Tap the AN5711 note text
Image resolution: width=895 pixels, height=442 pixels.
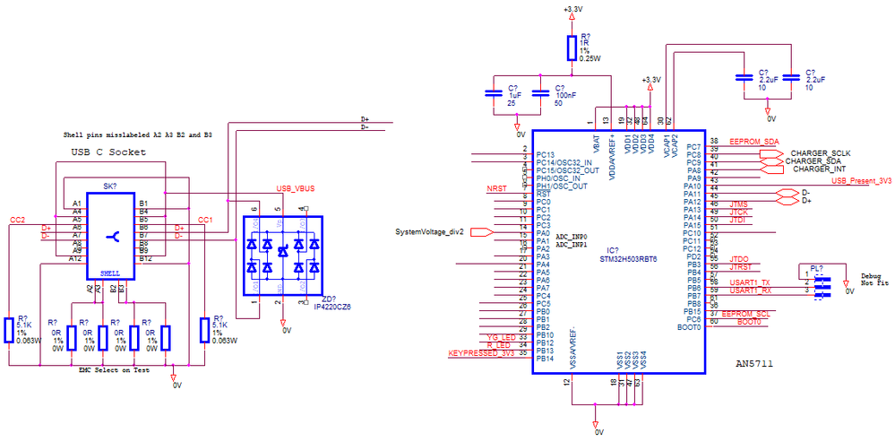click(753, 365)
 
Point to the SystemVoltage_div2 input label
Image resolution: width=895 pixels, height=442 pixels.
click(429, 232)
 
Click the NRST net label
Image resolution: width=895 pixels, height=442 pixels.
click(496, 188)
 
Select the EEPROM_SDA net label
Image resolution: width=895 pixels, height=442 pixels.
click(753, 142)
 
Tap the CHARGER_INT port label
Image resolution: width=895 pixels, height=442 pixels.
click(819, 168)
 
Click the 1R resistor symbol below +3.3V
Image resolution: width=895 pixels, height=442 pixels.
click(571, 48)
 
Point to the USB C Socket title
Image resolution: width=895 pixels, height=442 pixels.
click(108, 152)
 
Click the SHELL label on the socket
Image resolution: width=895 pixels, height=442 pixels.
click(109, 273)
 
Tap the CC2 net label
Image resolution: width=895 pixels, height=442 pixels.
click(17, 220)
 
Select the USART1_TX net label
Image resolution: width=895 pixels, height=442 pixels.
click(749, 282)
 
